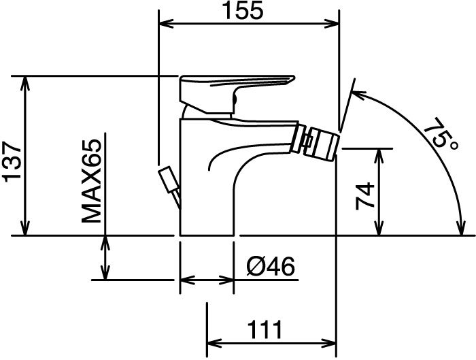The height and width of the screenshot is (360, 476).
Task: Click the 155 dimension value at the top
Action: tap(243, 10)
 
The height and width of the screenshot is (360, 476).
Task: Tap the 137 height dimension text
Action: tap(12, 162)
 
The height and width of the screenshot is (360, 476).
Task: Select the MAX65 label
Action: tap(91, 181)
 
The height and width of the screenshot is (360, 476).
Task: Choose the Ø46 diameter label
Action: tap(271, 267)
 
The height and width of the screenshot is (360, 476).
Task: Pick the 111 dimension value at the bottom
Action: tap(265, 329)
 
